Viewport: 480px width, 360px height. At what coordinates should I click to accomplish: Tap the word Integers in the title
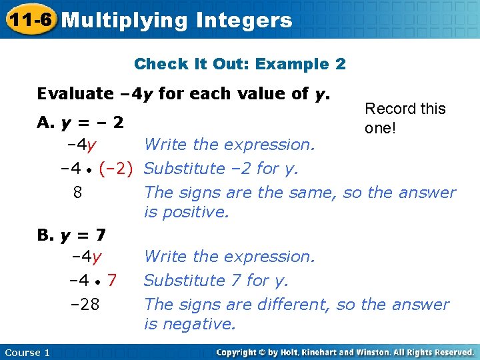244,21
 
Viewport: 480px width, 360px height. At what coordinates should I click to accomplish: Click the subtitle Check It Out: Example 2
239,64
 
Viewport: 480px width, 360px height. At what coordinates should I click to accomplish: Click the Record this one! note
405,118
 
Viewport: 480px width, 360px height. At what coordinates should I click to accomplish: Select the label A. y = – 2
81,123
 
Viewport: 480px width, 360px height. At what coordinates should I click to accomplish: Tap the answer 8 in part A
77,193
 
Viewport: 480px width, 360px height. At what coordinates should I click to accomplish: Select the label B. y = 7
72,235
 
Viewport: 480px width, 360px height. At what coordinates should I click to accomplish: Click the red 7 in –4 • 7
113,281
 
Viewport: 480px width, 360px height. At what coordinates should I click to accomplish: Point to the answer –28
85,305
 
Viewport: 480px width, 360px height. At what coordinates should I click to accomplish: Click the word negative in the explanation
199,324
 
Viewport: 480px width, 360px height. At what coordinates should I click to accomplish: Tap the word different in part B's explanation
293,305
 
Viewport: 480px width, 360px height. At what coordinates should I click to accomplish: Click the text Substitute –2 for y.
221,169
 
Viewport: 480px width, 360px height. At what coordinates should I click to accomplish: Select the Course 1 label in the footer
27,352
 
